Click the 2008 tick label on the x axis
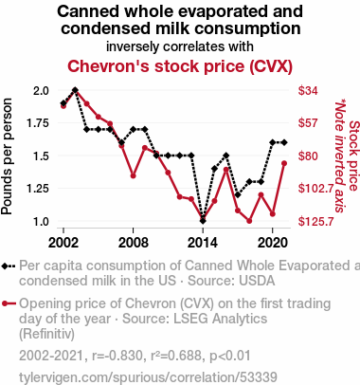[133, 243]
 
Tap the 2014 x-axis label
[203, 243]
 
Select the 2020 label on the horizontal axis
[272, 243]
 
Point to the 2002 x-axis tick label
[63, 243]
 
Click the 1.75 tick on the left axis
[38, 123]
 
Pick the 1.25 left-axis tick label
[38, 189]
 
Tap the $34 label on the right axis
[308, 91]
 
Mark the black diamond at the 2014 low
[203, 221]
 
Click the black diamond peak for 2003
[75, 90]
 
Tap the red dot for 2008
[133, 175]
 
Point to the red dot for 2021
[284, 163]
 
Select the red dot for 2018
[249, 221]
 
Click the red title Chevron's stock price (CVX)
[180, 66]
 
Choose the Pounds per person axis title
[7, 156]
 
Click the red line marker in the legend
[9, 303]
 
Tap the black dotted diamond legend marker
[9, 266]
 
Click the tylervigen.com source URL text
[148, 377]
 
